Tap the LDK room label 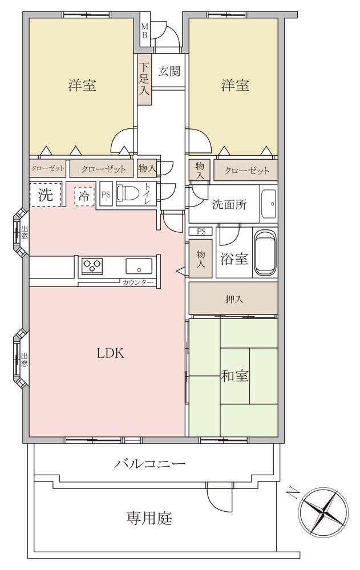(x=110, y=353)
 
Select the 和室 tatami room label (x=235, y=375)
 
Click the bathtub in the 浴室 (x=265, y=253)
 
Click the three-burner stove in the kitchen (x=92, y=266)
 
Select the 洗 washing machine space (x=46, y=195)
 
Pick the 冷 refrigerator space (x=84, y=196)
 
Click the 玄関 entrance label (x=169, y=71)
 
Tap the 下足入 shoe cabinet (x=144, y=79)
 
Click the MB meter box (x=144, y=31)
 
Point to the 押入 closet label (x=234, y=299)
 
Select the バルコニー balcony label (x=150, y=464)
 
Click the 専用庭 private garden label (x=149, y=518)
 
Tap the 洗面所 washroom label (x=230, y=205)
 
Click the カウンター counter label (x=137, y=282)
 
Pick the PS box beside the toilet (x=106, y=195)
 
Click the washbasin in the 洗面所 (x=268, y=204)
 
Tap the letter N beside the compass (x=292, y=493)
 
